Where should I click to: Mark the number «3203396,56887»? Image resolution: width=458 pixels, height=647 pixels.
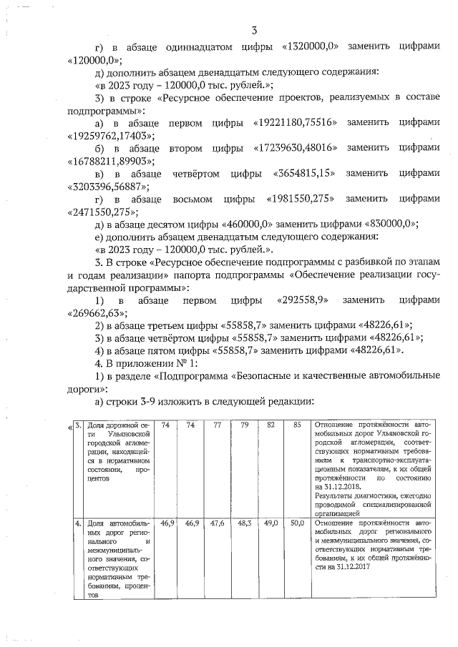[x=109, y=187]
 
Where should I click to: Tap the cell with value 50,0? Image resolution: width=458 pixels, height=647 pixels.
[x=297, y=524]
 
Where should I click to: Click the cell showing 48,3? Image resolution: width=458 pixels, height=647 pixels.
[x=244, y=524]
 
